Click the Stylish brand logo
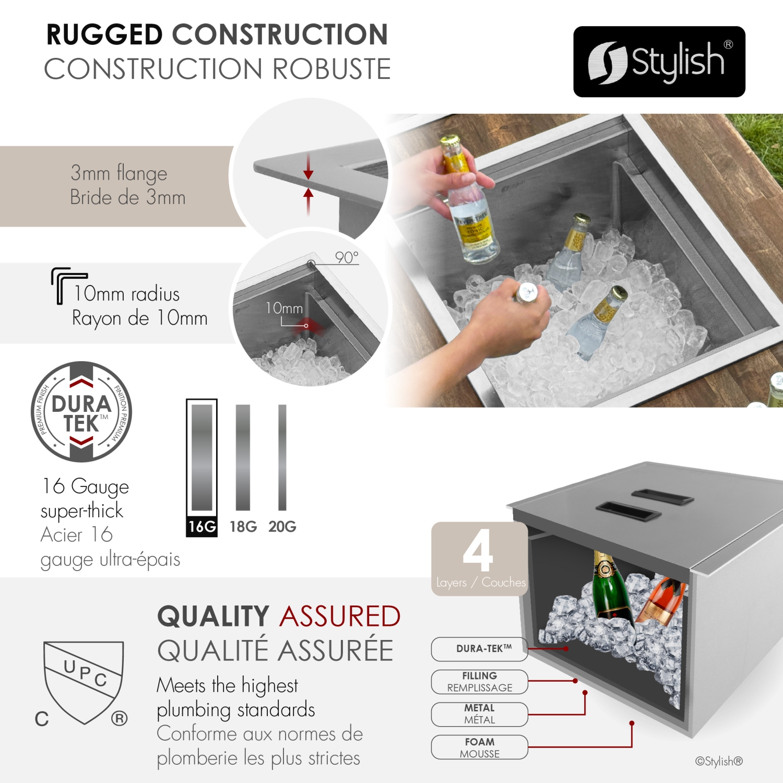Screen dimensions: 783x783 (659, 62)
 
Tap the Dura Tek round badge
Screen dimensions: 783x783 (81, 412)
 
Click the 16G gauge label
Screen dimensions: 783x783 (202, 526)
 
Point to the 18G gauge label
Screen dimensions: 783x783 (243, 526)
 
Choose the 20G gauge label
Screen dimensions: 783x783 (282, 526)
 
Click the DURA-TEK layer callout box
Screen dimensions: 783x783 (479, 649)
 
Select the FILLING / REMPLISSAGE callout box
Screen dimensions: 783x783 (479, 682)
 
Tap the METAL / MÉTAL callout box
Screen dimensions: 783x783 (479, 714)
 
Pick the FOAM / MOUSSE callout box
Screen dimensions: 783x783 (479, 747)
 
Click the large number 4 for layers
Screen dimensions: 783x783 (478, 550)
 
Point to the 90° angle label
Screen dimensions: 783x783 (347, 258)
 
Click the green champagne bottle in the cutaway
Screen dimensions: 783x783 (608, 587)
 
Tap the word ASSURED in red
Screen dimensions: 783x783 (340, 616)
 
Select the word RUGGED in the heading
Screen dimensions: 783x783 (104, 35)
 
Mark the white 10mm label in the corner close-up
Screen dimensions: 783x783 (284, 309)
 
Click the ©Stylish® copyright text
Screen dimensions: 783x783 (718, 761)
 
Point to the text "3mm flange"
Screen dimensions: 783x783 (119, 173)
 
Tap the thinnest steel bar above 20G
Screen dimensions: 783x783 (282, 457)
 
